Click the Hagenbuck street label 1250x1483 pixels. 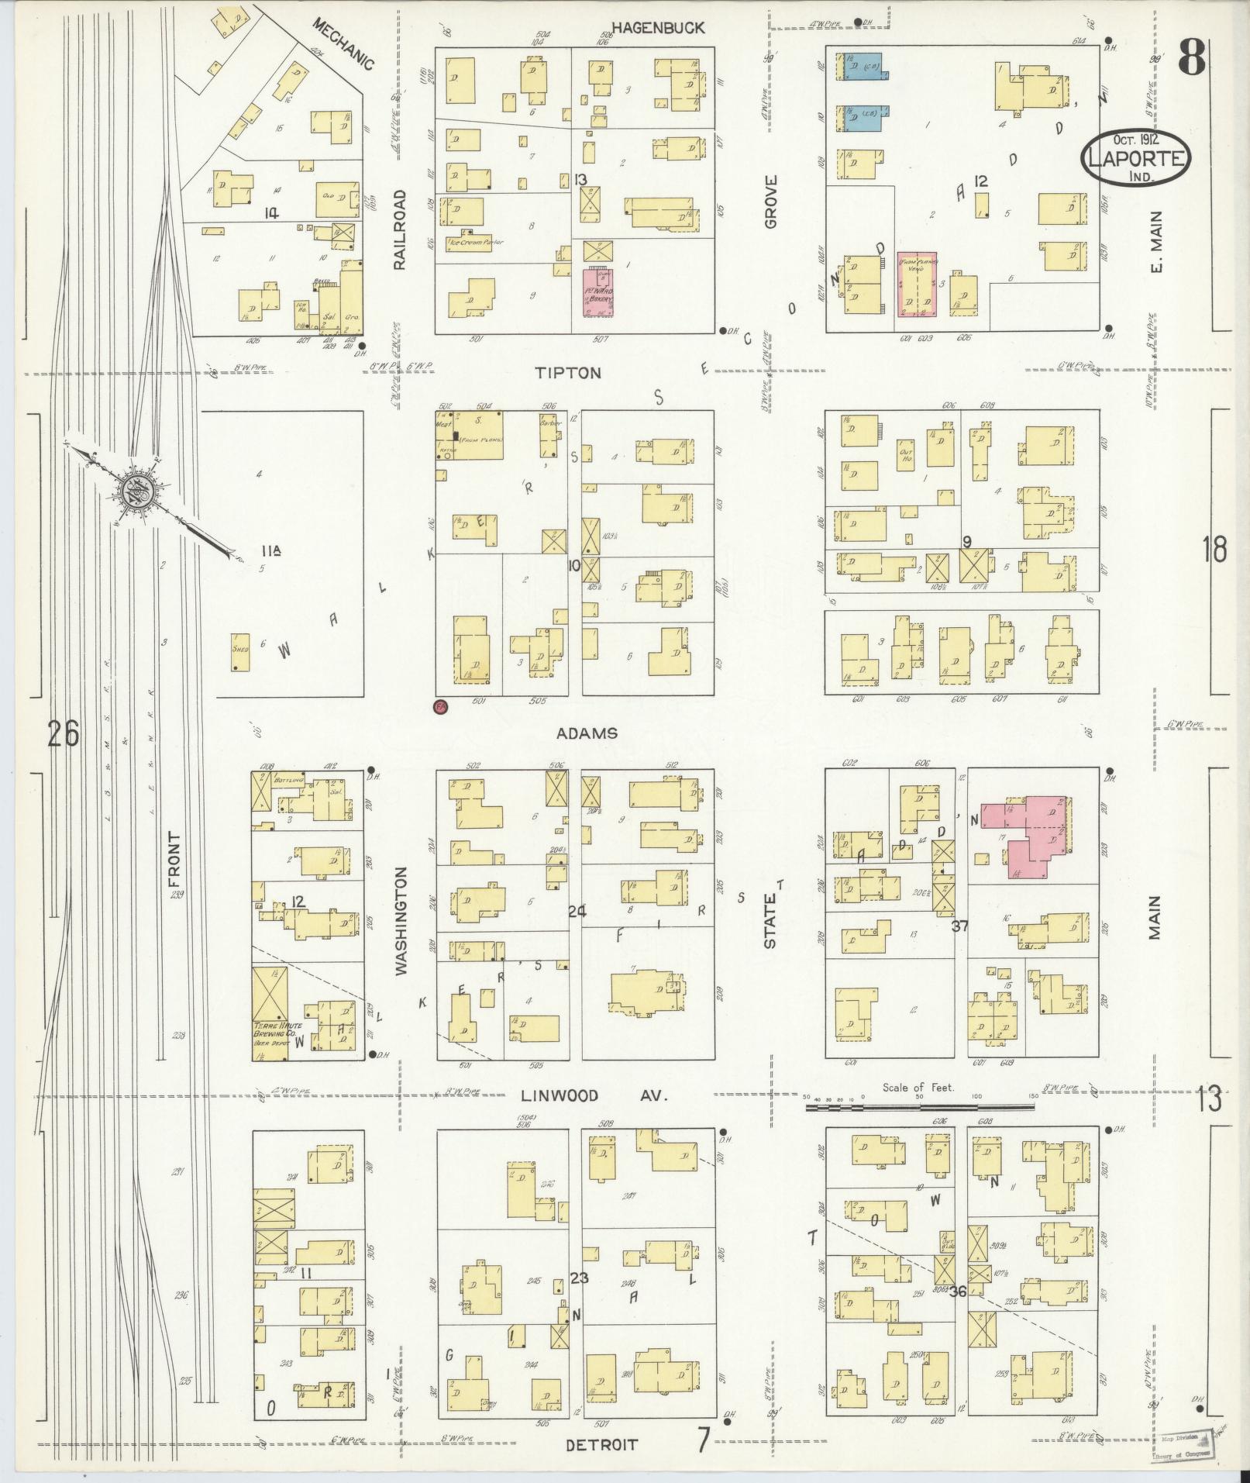point(658,28)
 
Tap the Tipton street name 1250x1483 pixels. point(568,373)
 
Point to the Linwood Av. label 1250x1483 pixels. point(593,1095)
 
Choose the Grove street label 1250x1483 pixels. point(770,202)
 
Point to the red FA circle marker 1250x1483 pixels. point(442,706)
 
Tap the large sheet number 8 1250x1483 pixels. point(1192,57)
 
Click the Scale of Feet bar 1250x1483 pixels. point(918,1106)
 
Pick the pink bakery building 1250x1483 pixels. point(598,292)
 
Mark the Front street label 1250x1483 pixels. point(173,860)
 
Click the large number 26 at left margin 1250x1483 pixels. point(63,733)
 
